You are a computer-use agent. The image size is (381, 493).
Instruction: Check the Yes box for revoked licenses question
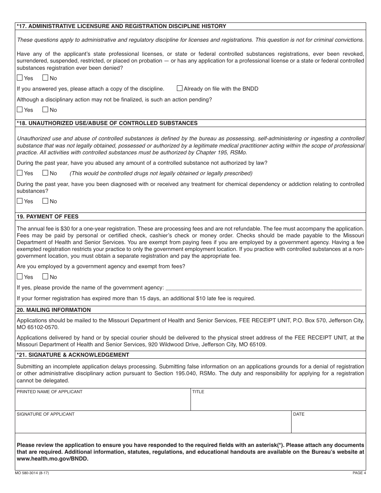tap(20, 78)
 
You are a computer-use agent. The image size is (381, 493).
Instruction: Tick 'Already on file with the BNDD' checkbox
tap(180, 89)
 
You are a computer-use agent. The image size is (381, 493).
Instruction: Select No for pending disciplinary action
tap(45, 109)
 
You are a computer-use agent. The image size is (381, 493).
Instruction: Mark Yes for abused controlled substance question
tap(20, 173)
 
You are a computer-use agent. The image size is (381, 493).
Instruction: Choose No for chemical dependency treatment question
tap(45, 201)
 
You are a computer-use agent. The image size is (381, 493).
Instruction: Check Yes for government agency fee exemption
tap(20, 277)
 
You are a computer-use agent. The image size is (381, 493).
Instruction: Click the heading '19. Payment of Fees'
tap(48, 216)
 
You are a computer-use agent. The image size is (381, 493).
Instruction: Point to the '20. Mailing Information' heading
tap(54, 310)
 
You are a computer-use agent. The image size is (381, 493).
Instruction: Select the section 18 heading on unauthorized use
tap(107, 123)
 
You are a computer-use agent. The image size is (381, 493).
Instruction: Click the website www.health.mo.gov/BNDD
tap(53, 459)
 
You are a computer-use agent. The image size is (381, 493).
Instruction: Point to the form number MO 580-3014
tap(32, 473)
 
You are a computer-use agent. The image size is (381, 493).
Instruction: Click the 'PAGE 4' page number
tap(359, 473)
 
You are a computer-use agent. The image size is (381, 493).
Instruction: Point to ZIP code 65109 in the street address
tap(258, 344)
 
